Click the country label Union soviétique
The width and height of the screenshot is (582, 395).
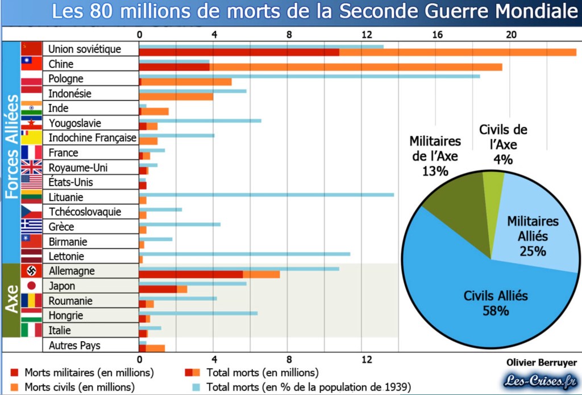click(x=85, y=49)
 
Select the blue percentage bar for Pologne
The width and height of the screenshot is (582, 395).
click(x=310, y=76)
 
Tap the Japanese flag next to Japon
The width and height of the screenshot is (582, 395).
click(x=32, y=285)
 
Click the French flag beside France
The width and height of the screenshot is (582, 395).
click(x=32, y=152)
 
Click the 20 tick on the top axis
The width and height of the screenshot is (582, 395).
click(x=511, y=34)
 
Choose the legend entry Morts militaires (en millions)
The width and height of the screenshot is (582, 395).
click(x=82, y=373)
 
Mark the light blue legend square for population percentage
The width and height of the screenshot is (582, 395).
click(x=196, y=388)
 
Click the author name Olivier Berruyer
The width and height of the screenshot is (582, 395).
click(x=541, y=363)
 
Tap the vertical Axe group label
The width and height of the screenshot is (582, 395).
click(x=12, y=300)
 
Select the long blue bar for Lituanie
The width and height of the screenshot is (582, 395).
click(x=267, y=195)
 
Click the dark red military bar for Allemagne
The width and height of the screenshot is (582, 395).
click(x=191, y=275)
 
